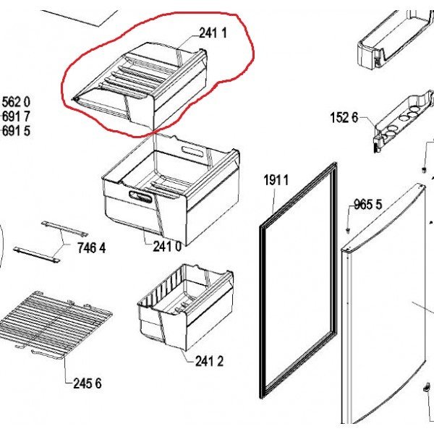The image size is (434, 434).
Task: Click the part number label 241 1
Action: [213, 33]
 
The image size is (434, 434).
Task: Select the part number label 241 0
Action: [168, 246]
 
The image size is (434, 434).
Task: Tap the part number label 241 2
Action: [209, 361]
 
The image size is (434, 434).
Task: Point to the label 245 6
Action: [88, 383]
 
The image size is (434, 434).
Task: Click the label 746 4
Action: [92, 247]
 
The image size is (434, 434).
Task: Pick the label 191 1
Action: [276, 180]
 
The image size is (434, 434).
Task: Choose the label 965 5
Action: [368, 205]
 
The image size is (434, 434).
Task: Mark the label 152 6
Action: [344, 117]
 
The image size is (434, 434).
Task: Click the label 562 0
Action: [16, 102]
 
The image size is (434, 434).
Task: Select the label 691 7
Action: [16, 116]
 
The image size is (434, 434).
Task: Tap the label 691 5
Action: [16, 131]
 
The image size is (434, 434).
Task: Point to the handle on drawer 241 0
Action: [140, 196]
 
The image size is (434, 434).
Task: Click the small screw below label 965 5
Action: [348, 230]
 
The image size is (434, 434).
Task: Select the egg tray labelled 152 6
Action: [404, 121]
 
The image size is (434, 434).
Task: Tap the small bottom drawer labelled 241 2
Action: [185, 307]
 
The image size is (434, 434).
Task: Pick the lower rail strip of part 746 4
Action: [36, 255]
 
